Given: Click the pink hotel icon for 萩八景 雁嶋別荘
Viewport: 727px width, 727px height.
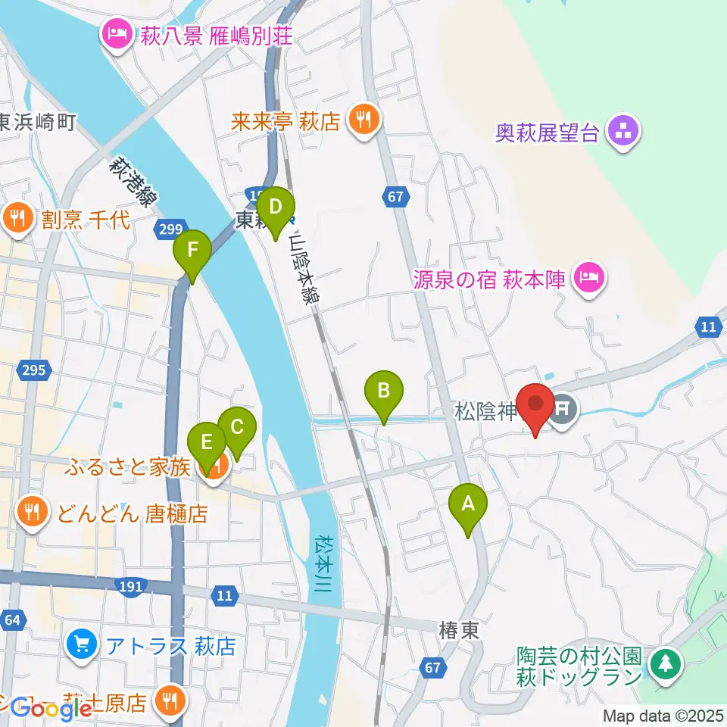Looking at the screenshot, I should pyautogui.click(x=117, y=35).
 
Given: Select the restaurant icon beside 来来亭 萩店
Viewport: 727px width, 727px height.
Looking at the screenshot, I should pyautogui.click(x=364, y=120).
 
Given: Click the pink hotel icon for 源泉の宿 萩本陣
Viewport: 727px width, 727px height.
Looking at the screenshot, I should pyautogui.click(x=590, y=278).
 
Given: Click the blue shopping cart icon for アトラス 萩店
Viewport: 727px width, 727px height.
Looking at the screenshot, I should pyautogui.click(x=81, y=645).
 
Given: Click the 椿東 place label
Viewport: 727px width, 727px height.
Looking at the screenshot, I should pyautogui.click(x=460, y=630).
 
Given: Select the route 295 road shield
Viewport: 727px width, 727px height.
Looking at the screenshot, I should pyautogui.click(x=35, y=370).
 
